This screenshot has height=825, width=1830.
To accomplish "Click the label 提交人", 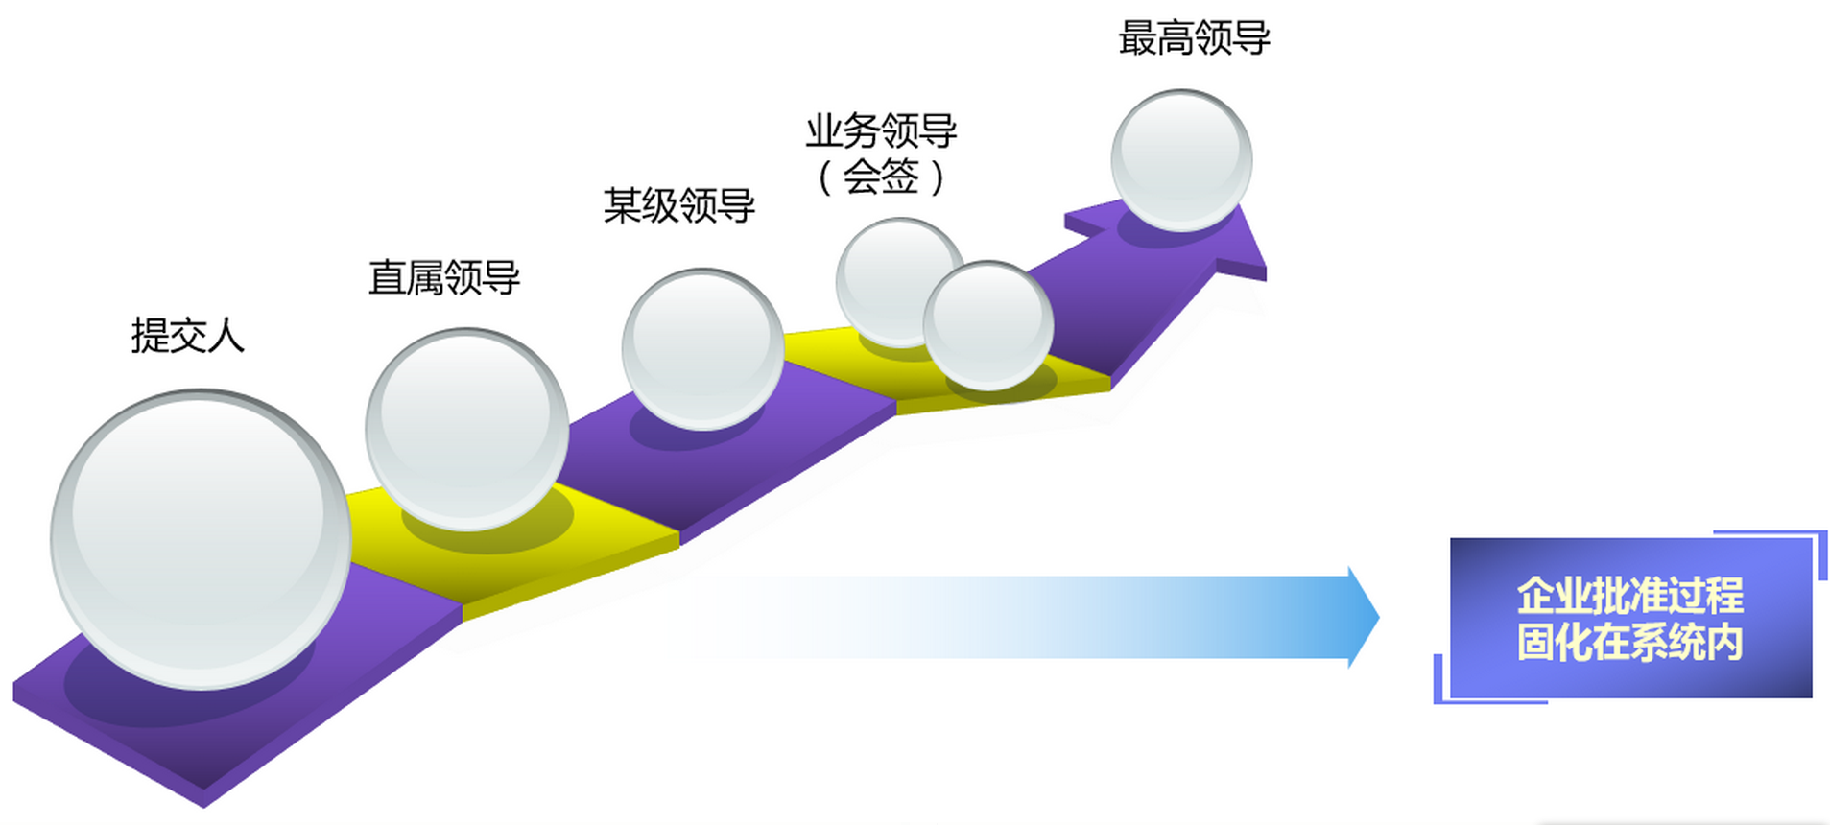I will coord(188,336).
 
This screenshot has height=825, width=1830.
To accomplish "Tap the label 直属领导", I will coord(444,278).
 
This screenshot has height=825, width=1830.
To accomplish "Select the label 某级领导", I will coord(679,206).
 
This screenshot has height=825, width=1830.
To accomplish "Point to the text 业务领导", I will coord(881,131).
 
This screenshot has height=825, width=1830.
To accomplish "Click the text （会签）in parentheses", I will coord(881,177).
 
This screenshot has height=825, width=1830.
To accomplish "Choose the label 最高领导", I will coord(1194,39).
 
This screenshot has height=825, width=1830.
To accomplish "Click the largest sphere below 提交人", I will coord(201,539).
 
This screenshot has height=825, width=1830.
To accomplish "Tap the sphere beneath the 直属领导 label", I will coord(466,429).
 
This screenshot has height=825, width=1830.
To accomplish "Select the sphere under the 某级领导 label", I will coord(702,348).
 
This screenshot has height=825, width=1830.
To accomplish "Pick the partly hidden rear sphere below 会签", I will coord(888,273).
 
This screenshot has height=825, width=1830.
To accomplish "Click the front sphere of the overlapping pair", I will coord(987,325).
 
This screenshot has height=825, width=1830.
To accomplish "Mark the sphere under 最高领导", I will coord(1181,160).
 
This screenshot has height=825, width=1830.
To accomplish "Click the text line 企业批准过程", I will coord(1629,596).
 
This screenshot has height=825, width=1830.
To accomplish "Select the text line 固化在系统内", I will coord(1629,643).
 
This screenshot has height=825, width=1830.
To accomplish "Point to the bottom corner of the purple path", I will coord(202,803).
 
